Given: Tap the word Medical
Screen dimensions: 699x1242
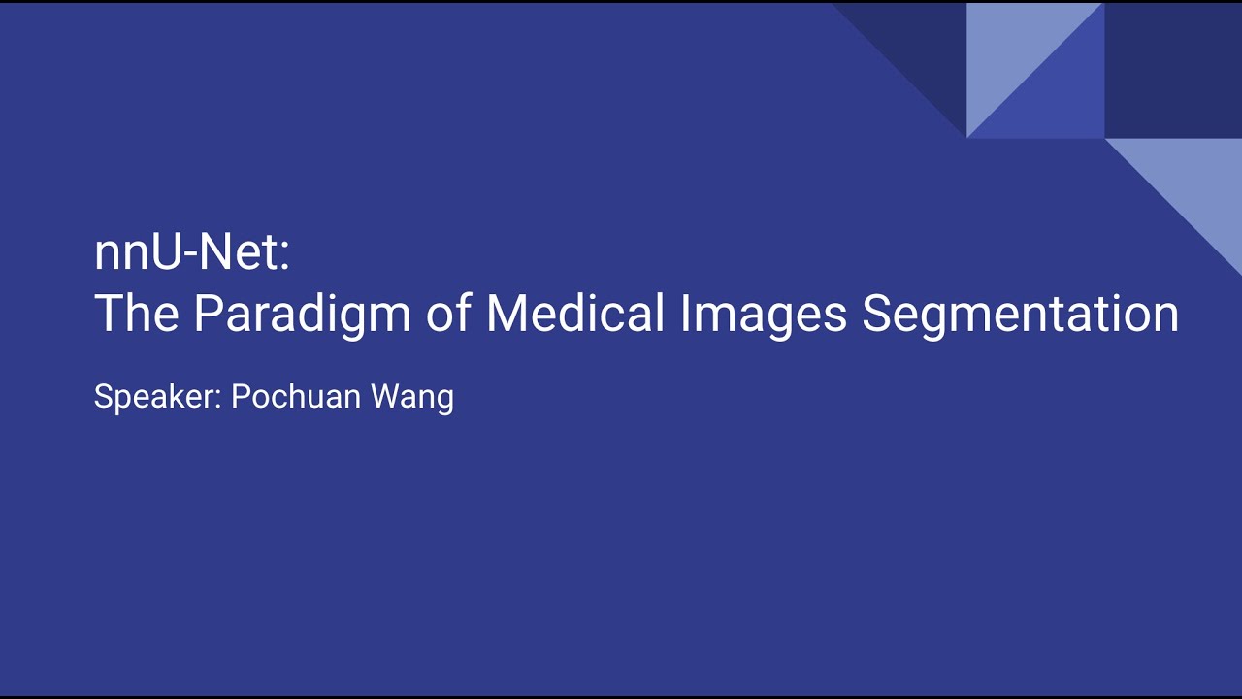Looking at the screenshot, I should tap(575, 314).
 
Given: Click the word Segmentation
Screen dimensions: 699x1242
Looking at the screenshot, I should tap(1020, 315).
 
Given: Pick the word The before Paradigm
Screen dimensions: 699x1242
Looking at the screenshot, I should tap(136, 314).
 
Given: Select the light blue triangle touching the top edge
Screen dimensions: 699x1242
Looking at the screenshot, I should tap(1009, 49).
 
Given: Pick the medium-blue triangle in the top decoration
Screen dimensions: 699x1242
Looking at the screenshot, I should tap(1062, 97).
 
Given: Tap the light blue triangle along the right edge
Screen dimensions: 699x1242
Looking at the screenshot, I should tap(1198, 184).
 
